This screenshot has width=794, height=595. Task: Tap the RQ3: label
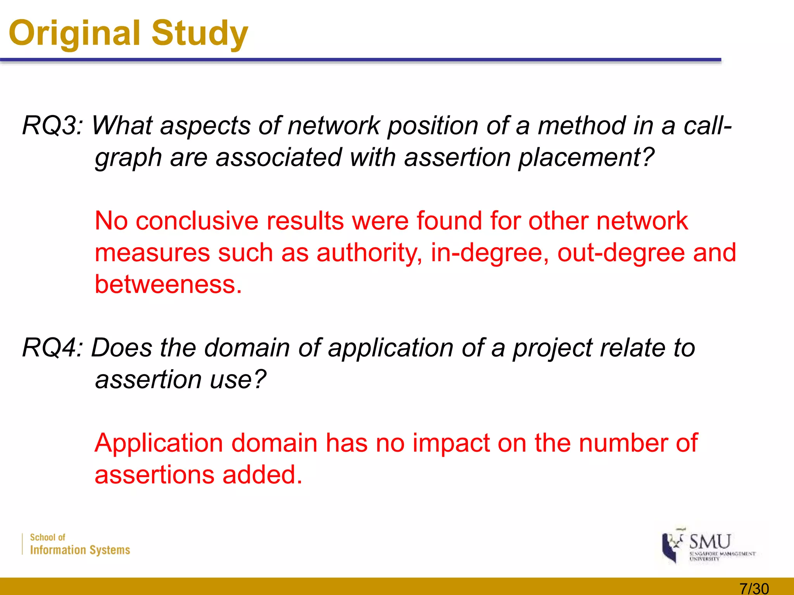click(53, 126)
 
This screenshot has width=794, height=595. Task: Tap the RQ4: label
click(53, 347)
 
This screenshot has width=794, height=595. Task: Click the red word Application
click(159, 443)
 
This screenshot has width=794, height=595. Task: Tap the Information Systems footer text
click(80, 550)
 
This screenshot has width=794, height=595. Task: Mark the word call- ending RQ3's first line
click(708, 126)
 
